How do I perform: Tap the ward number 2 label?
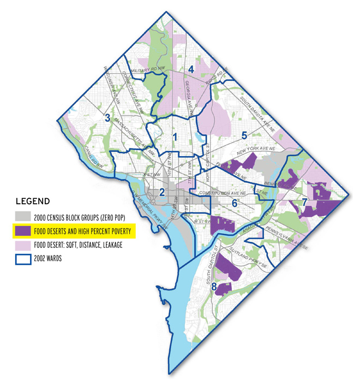(162, 192)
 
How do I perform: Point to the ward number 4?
(191, 69)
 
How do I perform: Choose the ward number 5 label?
(244, 135)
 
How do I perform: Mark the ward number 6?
(235, 203)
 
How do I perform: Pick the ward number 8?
(214, 286)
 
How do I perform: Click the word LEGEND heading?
(33, 200)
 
